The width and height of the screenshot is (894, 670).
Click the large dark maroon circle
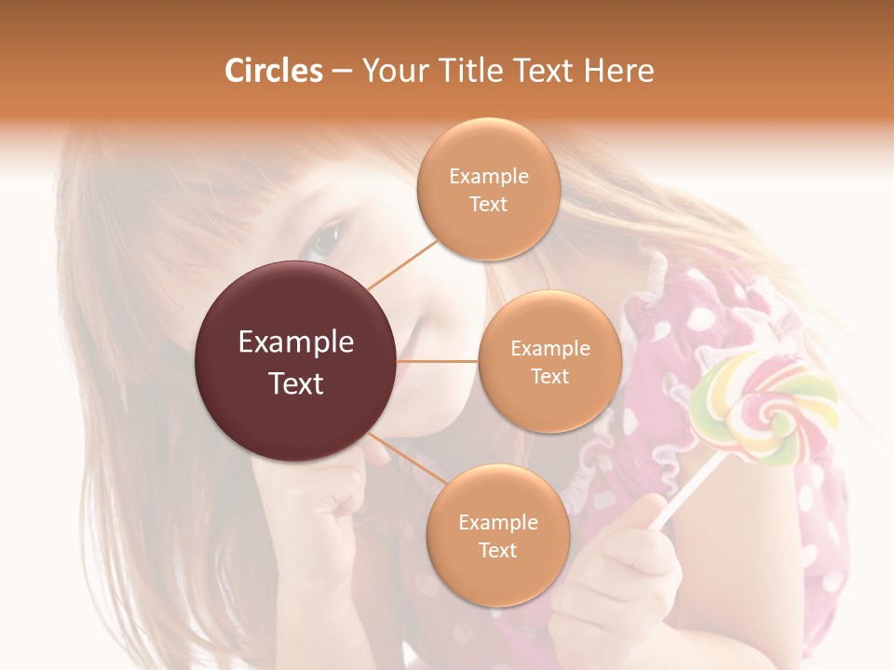click(295, 361)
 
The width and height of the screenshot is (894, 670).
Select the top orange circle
click(488, 189)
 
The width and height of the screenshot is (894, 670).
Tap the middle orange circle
click(549, 361)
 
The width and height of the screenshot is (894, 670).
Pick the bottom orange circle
click(497, 535)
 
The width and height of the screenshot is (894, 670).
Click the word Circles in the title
click(273, 71)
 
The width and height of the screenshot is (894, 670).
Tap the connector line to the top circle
click(402, 263)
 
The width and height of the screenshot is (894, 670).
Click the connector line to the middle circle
click(438, 361)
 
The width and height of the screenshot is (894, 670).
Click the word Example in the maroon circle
click(295, 342)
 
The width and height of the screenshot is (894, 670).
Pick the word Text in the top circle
click(488, 204)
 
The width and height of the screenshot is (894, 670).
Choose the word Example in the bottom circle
click(497, 522)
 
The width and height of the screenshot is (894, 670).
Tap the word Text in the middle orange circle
click(549, 376)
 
